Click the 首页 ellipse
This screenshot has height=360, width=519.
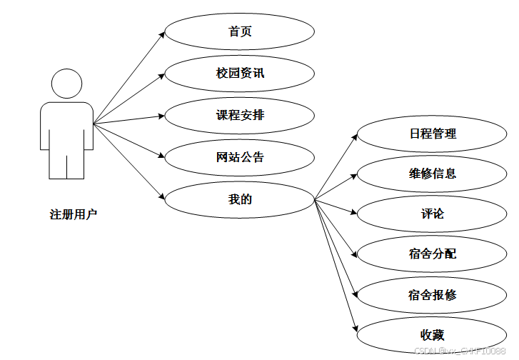(x=240, y=31)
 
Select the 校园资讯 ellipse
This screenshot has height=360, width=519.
(x=240, y=73)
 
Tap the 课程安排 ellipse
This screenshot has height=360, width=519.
(x=240, y=114)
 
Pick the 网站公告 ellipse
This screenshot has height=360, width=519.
(x=240, y=156)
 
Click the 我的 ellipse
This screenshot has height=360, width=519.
(x=240, y=199)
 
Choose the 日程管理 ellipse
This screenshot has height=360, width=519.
(x=432, y=133)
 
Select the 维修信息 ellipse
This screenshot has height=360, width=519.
(x=432, y=173)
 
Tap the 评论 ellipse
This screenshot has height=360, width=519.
(x=432, y=214)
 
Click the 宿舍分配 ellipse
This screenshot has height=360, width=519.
(x=432, y=254)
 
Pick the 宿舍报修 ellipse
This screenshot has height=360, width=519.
(x=432, y=294)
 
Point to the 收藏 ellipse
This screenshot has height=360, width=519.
(x=432, y=335)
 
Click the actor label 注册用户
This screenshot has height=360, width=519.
(x=73, y=214)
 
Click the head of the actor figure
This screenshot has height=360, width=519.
(x=66, y=84)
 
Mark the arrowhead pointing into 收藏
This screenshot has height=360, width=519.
(x=353, y=329)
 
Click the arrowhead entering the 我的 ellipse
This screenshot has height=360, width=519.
(x=162, y=196)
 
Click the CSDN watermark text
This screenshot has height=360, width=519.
(x=460, y=351)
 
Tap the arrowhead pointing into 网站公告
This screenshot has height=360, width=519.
(x=162, y=155)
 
